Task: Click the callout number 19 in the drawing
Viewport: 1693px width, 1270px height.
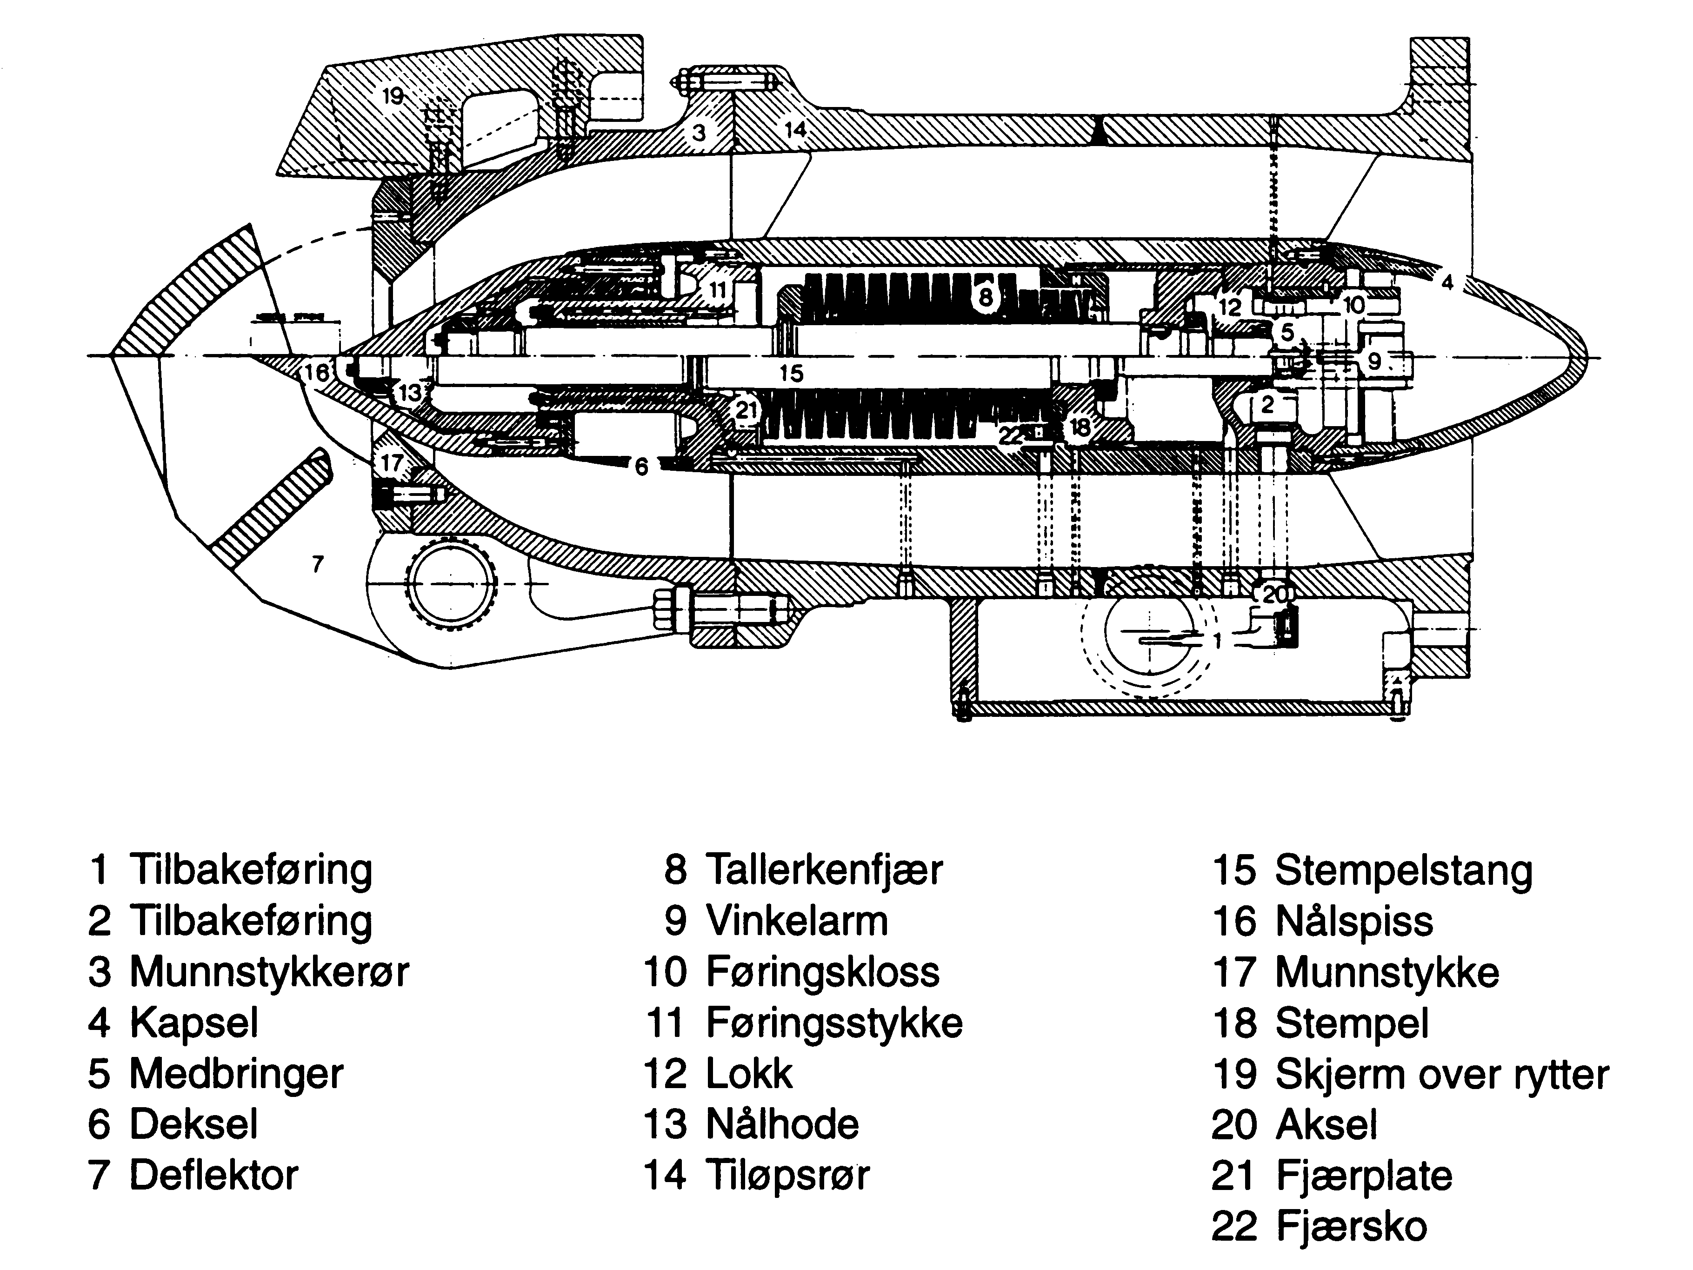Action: pyautogui.click(x=393, y=96)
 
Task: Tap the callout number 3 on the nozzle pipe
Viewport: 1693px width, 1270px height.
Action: pyautogui.click(x=699, y=133)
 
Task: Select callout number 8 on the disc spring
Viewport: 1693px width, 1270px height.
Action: pyautogui.click(x=985, y=296)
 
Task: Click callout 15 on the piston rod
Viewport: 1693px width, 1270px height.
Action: pyautogui.click(x=792, y=374)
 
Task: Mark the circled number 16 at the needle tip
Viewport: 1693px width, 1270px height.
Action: pyautogui.click(x=316, y=373)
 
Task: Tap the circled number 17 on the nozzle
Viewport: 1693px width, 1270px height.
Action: pyautogui.click(x=392, y=462)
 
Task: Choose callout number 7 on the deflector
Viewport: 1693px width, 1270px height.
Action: pyautogui.click(x=318, y=564)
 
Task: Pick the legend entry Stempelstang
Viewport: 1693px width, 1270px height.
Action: pyautogui.click(x=1403, y=870)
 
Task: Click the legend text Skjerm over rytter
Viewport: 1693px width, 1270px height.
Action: pyautogui.click(x=1441, y=1074)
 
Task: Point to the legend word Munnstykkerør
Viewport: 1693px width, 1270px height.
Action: pyautogui.click(x=269, y=972)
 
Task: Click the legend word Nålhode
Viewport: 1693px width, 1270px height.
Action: pyautogui.click(x=782, y=1124)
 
